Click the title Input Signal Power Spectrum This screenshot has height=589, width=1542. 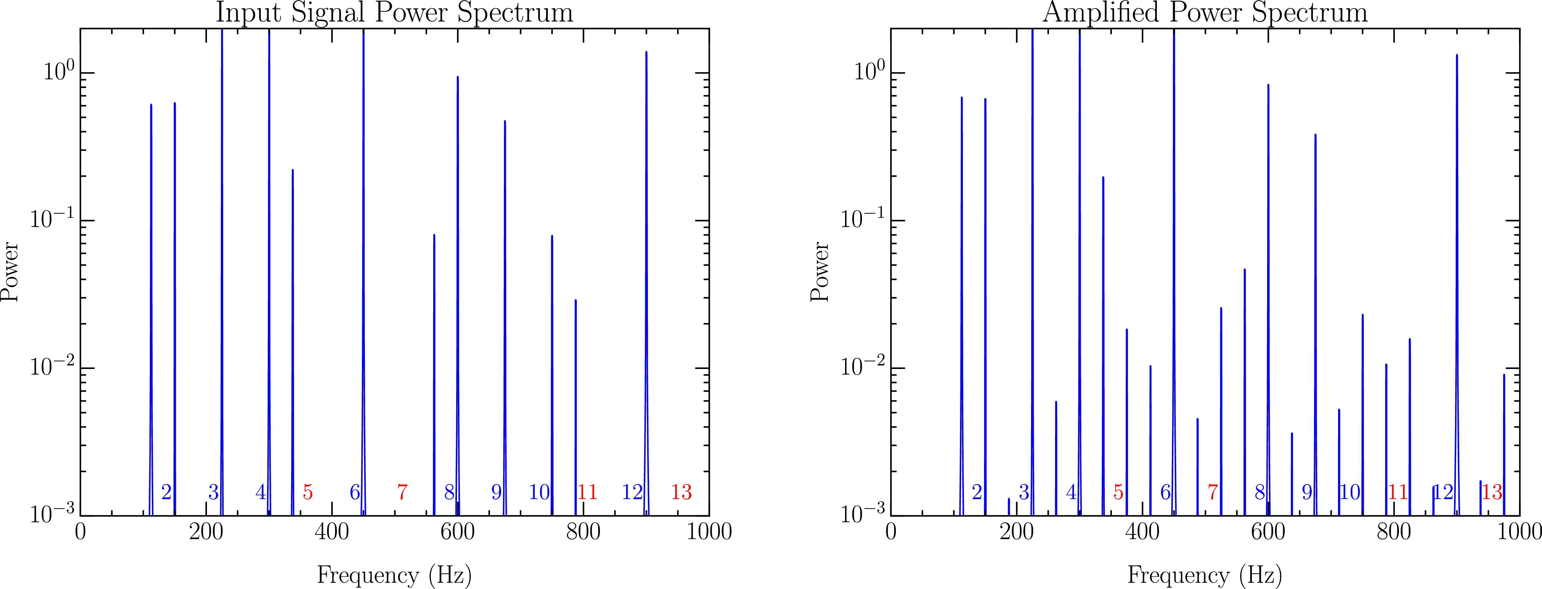pos(395,13)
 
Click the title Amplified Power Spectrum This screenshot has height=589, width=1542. pos(1205,13)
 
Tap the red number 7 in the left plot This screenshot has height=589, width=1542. pos(402,492)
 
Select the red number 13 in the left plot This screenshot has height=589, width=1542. pos(681,492)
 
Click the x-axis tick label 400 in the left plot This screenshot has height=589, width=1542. pos(332,531)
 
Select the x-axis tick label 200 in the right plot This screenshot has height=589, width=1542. pos(1017,531)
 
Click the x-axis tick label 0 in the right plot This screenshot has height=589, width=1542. pos(891,531)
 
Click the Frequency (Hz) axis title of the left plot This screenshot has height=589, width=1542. pos(395,575)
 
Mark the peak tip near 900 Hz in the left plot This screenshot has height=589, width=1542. pos(647,52)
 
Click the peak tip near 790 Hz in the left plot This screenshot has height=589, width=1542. pos(576,300)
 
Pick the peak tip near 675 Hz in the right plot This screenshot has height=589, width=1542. pos(1315,135)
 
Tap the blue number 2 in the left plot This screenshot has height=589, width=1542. pos(166,492)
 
